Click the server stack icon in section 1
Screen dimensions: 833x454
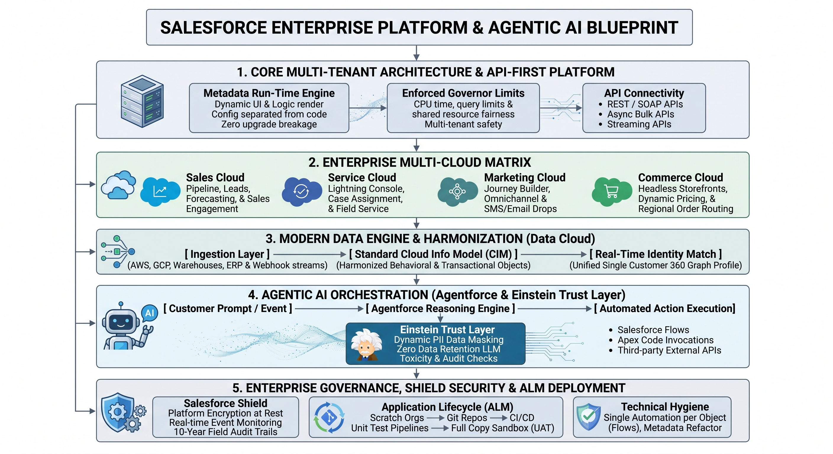tap(142, 101)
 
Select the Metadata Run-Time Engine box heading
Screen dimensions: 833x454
tap(269, 93)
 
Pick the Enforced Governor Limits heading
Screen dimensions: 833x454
tap(463, 93)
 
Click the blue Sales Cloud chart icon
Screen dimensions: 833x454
tap(160, 191)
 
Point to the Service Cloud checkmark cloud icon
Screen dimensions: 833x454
tap(302, 191)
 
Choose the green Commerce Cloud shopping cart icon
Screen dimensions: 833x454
tap(611, 191)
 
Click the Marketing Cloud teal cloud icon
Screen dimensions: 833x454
tap(457, 191)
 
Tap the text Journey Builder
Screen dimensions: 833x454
tap(517, 189)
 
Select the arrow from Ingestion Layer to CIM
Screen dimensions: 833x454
tap(310, 254)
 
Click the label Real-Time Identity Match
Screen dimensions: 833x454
tap(656, 254)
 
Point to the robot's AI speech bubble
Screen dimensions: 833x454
tap(150, 313)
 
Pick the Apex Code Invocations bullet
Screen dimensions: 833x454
tap(665, 340)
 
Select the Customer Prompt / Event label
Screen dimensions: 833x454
tap(228, 308)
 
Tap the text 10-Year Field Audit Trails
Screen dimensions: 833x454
tap(225, 432)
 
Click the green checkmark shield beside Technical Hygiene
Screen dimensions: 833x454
tap(589, 417)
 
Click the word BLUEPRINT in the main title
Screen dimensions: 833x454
tap(632, 27)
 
